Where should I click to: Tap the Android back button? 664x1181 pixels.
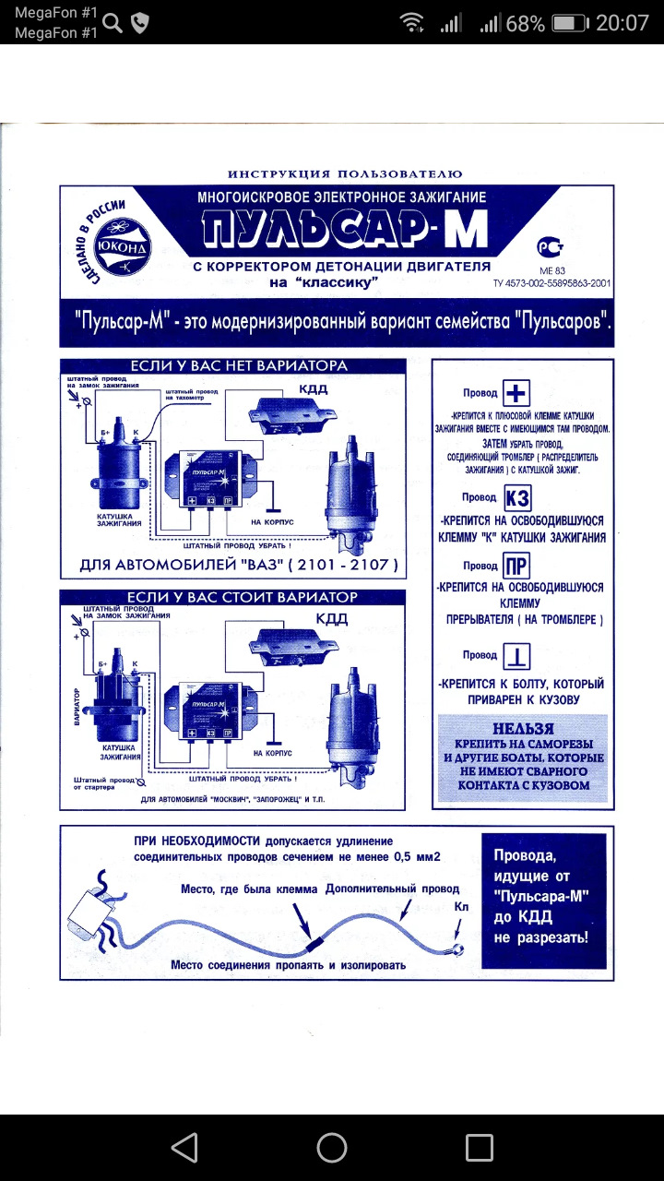pos(184,1147)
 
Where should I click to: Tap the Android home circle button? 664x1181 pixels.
pos(332,1147)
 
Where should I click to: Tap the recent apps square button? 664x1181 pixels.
pos(480,1147)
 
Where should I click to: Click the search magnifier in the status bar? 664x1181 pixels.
pos(113,23)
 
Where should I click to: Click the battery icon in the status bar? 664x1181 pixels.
pos(573,23)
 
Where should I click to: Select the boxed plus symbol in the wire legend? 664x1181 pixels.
pos(516,394)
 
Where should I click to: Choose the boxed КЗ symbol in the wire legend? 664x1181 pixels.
pos(517,498)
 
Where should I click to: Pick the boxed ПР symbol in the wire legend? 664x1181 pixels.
pos(517,566)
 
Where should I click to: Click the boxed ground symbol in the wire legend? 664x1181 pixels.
pos(516,656)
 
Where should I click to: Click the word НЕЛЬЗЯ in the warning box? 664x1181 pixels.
pos(523,728)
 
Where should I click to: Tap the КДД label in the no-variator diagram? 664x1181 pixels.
pos(311,389)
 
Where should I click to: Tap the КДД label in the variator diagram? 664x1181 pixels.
pos(332,619)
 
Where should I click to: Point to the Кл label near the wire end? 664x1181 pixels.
pos(462,909)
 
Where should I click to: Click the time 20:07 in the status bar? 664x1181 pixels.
pos(622,23)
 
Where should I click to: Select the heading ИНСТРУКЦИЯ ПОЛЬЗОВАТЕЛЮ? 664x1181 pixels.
pos(345,173)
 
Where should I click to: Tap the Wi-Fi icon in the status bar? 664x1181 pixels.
pos(411,23)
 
